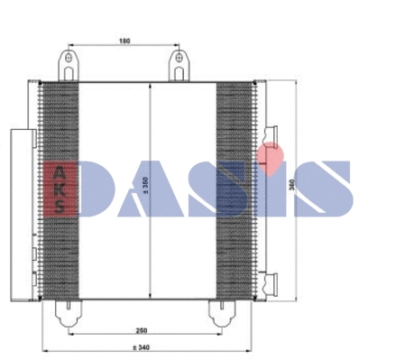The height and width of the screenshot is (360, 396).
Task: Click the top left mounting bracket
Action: coord(68,66)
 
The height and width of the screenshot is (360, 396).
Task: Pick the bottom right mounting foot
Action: coord(219,310)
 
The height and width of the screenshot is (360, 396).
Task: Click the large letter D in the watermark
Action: coord(101,189)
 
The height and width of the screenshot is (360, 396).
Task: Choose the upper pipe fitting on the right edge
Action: coord(270,135)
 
